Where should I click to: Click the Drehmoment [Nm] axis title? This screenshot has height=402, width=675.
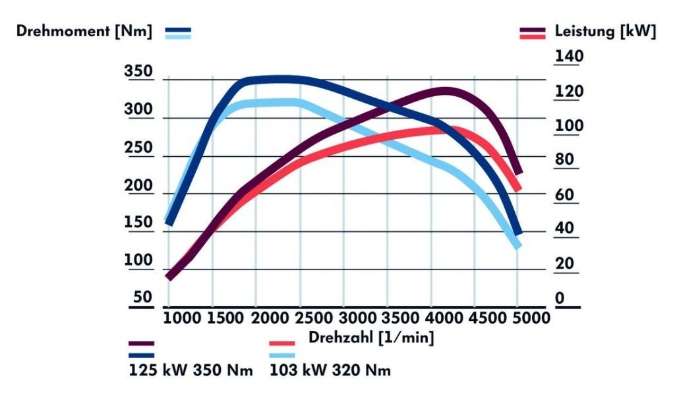coord(84,31)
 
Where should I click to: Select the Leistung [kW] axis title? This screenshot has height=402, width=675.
coord(605,31)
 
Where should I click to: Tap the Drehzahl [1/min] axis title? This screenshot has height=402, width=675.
coord(370,337)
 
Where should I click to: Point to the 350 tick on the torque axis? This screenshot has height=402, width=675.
coord(138,72)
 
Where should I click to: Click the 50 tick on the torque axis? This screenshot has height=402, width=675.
coord(143,297)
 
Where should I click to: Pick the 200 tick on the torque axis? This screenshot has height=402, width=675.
coord(138,186)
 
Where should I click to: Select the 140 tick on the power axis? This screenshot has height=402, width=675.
coord(569,57)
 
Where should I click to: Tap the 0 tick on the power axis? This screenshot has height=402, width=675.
coord(560,298)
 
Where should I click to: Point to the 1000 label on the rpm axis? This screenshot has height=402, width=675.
coord(182,319)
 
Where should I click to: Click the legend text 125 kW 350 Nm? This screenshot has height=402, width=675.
coord(191,370)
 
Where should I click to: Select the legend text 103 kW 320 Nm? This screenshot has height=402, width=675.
coord(330,370)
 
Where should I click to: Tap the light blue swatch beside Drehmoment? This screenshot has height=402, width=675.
coord(178,37)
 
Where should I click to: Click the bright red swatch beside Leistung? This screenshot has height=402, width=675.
coord(533,37)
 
